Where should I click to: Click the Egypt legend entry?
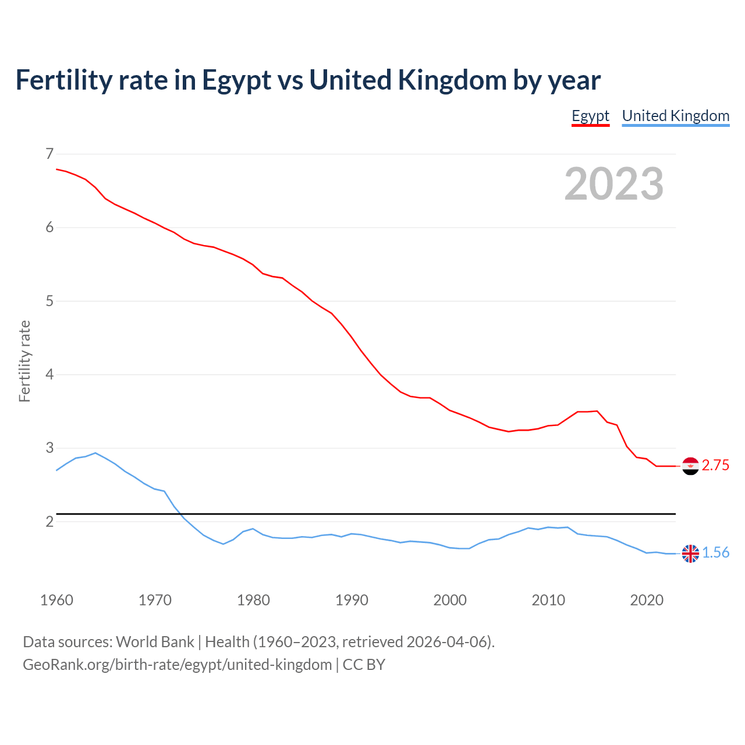tap(590, 116)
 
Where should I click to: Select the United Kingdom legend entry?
tap(675, 116)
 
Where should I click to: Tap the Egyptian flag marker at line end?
tap(690, 466)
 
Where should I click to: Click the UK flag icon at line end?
tap(690, 554)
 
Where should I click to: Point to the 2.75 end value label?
tap(715, 466)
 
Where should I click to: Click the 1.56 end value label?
tap(715, 553)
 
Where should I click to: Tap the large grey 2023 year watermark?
tap(613, 184)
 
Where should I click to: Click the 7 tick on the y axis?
tap(49, 154)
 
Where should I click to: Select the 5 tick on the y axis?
tap(49, 301)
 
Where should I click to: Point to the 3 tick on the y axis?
tap(49, 448)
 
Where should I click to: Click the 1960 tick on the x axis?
tap(56, 600)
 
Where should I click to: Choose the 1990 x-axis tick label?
tap(352, 600)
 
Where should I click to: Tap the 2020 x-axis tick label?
tap(647, 600)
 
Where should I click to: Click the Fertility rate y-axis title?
tap(24, 361)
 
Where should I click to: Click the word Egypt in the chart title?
tap(236, 80)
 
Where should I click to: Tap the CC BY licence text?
tap(364, 665)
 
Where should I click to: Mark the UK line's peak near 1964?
tap(95, 453)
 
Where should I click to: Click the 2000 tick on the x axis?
tap(450, 600)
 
